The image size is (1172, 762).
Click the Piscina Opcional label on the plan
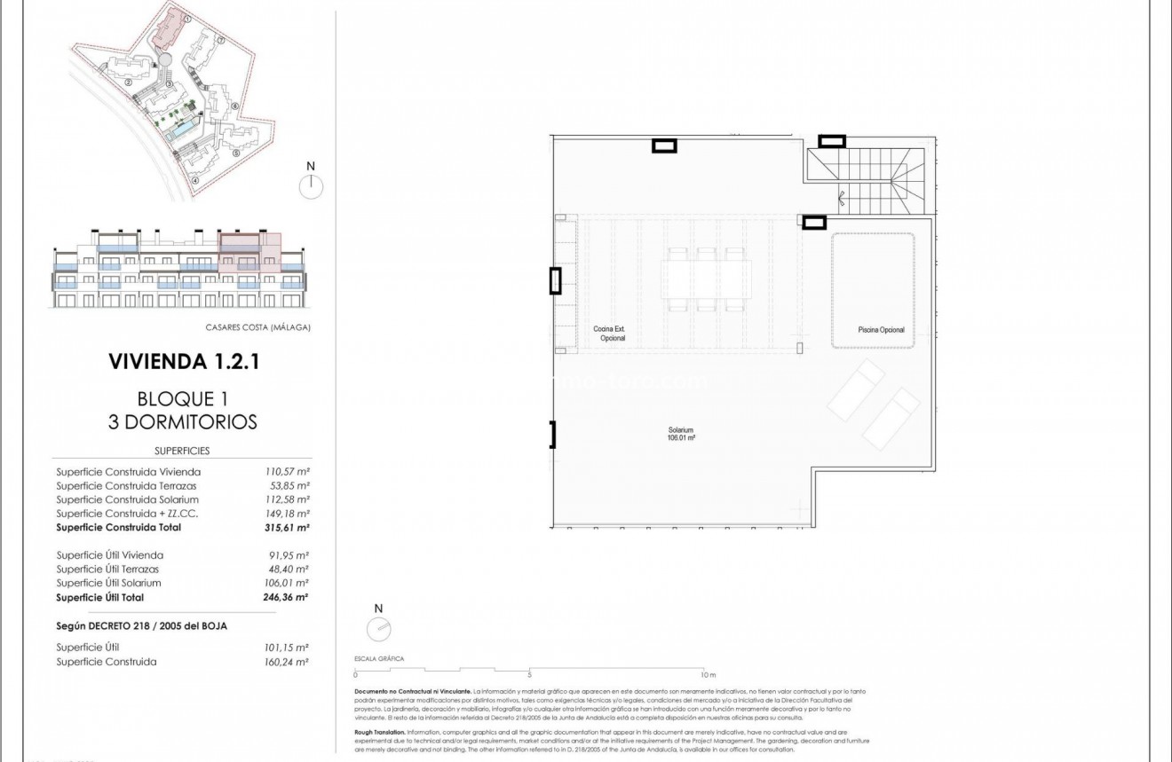click(881, 330)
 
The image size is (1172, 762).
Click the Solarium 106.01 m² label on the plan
click(681, 434)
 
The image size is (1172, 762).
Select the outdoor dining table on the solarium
click(707, 276)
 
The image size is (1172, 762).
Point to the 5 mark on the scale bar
click(529, 674)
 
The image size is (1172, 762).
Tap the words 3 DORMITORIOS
click(183, 421)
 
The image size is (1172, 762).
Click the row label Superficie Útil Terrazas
click(109, 569)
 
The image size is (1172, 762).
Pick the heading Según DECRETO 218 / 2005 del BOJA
click(141, 625)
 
